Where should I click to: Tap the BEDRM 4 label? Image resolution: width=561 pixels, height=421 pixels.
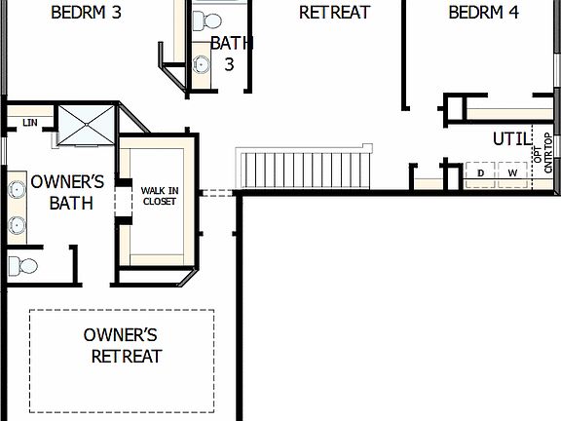483,13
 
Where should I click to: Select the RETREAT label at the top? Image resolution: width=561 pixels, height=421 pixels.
334,13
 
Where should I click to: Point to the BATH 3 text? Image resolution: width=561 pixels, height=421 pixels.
229,54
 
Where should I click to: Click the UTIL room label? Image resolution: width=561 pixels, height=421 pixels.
512,139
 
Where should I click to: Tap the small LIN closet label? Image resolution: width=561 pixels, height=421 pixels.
30,123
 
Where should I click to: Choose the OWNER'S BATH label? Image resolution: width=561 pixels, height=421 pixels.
67,192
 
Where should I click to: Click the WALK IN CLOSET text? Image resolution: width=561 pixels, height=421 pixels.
159,196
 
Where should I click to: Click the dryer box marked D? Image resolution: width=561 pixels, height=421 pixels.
480,173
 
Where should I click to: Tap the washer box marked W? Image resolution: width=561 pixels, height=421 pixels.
512,173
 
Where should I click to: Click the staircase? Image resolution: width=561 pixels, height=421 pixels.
305,169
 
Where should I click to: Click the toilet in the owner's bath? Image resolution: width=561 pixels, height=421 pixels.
23,264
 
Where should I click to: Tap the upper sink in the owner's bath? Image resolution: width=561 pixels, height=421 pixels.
17,189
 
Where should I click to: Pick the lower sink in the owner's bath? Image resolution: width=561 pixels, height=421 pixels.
17,226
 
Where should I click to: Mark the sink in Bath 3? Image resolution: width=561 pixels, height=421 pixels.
202,65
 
